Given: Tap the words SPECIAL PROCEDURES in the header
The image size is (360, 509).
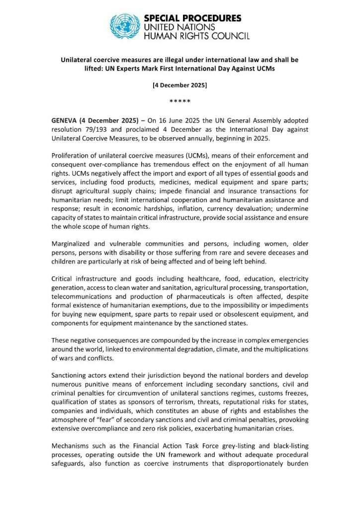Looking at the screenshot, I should pos(192,18).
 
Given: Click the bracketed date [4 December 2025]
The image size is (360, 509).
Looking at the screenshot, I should pos(180,85).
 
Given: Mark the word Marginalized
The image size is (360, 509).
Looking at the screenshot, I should pos(74,245).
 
